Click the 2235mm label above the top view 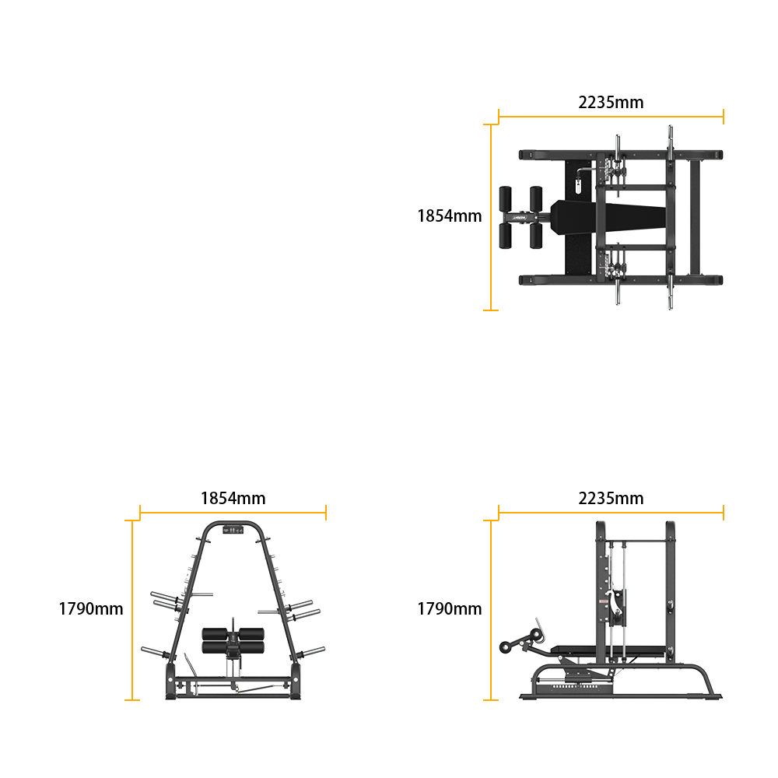click(611, 102)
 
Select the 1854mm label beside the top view click(450, 216)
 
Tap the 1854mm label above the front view click(233, 498)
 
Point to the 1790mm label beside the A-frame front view click(91, 609)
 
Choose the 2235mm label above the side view click(611, 498)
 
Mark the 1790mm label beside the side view click(450, 609)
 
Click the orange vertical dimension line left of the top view click(491, 217)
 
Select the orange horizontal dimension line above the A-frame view click(233, 513)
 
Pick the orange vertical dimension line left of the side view click(491, 610)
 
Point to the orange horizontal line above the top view click(611, 117)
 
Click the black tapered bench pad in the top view click(608, 217)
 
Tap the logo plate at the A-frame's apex click(233, 530)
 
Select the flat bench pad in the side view click(608, 650)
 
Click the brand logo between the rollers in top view click(520, 217)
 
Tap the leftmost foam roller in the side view click(506, 647)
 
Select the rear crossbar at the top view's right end click(695, 217)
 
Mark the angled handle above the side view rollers click(540, 628)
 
